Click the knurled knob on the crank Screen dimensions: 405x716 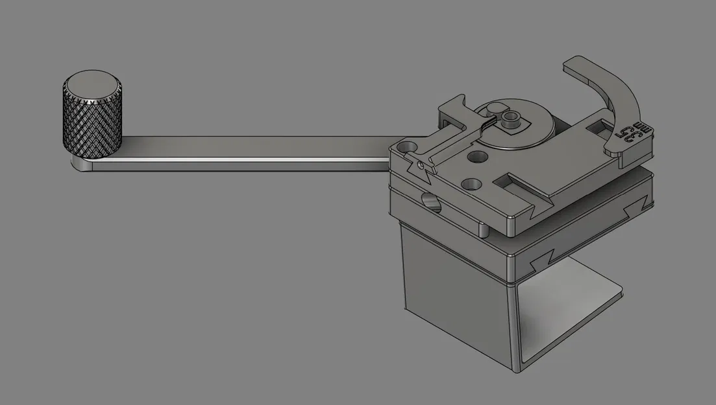[92, 126]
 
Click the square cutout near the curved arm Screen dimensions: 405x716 [596, 130]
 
